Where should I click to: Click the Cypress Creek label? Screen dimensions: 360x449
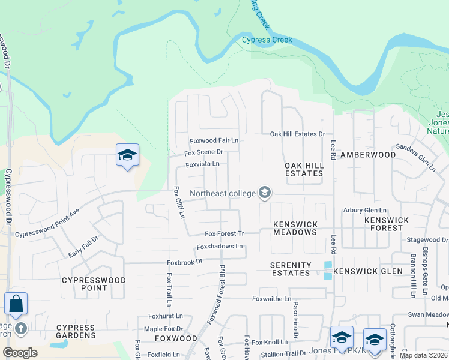(x=267, y=40)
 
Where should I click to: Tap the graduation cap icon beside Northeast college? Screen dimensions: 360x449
(x=265, y=193)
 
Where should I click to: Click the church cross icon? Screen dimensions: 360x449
(x=21, y=328)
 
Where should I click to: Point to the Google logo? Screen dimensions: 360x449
(x=20, y=353)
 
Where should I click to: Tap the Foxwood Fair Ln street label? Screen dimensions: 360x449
(x=214, y=140)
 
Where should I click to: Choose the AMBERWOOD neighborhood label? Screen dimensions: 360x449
(x=368, y=155)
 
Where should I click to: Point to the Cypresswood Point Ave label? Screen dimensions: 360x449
(x=47, y=224)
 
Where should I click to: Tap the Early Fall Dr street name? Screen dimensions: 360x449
(x=83, y=247)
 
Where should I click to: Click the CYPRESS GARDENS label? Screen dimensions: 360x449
(x=76, y=331)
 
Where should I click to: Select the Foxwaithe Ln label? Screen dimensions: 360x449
(x=271, y=298)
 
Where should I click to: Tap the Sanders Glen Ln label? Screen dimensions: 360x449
(x=415, y=157)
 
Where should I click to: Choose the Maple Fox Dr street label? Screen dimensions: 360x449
(x=164, y=329)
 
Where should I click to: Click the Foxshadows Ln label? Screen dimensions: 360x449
(x=220, y=247)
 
